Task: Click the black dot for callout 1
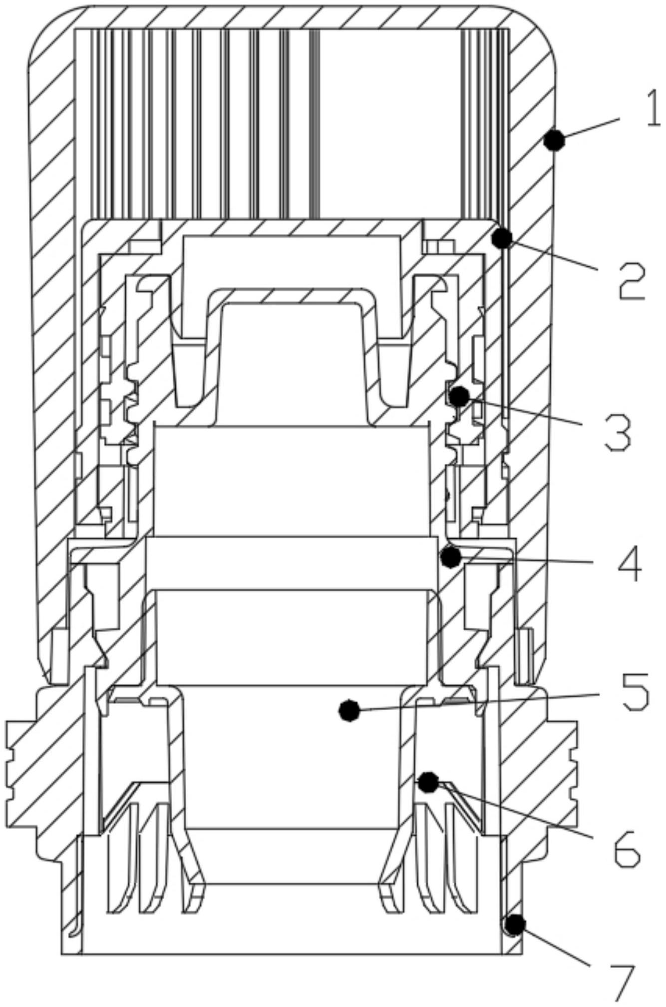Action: pyautogui.click(x=554, y=140)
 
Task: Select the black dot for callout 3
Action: pyautogui.click(x=459, y=396)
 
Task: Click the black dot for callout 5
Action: pyautogui.click(x=349, y=710)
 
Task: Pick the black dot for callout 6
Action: pyautogui.click(x=428, y=782)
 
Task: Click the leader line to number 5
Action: pyautogui.click(x=474, y=702)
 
